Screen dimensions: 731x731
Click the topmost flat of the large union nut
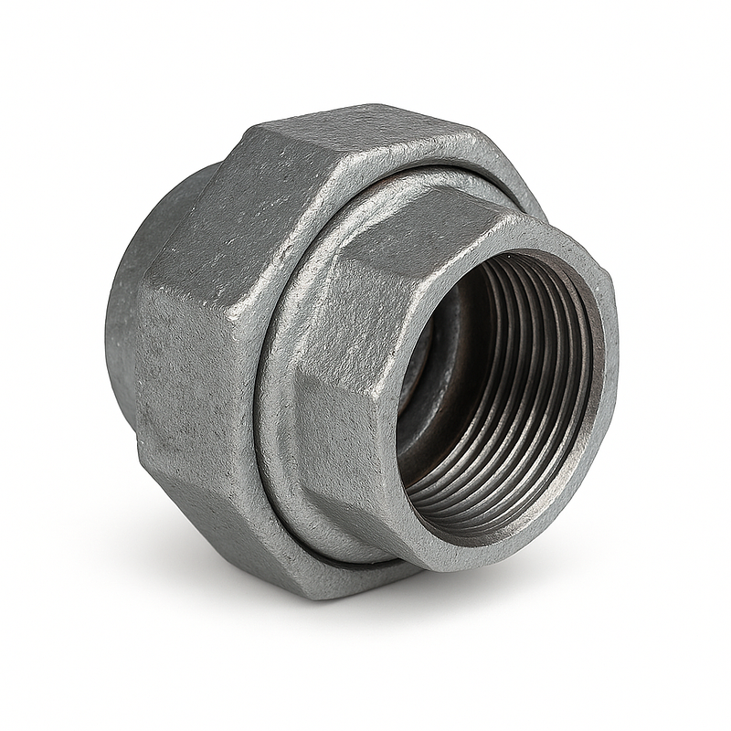click(365, 137)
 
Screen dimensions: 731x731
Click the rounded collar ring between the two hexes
click(274, 365)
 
